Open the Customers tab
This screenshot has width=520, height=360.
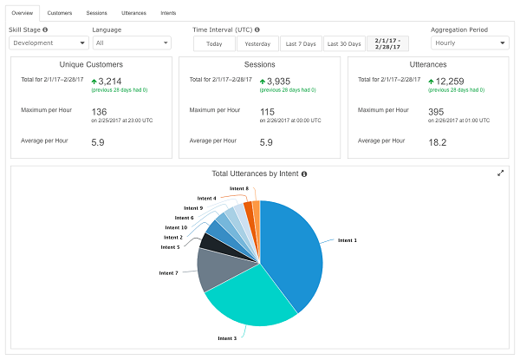coord(59,13)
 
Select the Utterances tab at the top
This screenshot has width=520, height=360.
coord(133,13)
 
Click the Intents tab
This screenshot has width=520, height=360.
coord(168,13)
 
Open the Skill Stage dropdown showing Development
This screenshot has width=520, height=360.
coord(49,43)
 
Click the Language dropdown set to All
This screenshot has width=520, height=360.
coord(132,43)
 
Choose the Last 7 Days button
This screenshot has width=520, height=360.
coord(301,43)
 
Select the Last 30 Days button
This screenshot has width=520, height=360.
coord(344,43)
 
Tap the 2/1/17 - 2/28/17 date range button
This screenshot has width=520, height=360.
coord(387,43)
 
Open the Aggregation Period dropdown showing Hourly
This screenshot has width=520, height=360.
coord(470,43)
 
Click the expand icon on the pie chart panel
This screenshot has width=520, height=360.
coord(500,173)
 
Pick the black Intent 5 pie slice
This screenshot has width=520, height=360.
coord(212,244)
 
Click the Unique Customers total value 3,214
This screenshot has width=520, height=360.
coord(110,82)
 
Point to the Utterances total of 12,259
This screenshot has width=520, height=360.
coord(450,82)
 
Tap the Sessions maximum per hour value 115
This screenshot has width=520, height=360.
coord(267,112)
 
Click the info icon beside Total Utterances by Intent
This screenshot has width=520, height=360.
coord(304,173)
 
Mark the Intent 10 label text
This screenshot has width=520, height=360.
coord(176,227)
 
